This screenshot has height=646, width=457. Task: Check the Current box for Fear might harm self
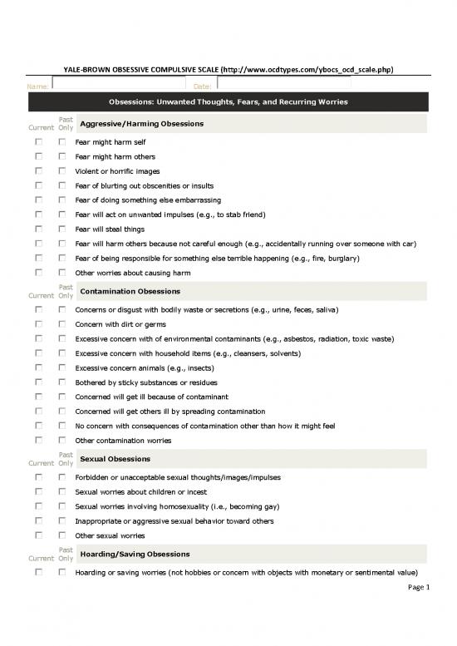[x=38, y=142]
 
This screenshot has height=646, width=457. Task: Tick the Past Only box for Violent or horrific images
[x=61, y=171]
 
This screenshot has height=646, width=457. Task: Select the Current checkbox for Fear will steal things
[x=38, y=229]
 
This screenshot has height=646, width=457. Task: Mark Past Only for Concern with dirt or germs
[x=61, y=325]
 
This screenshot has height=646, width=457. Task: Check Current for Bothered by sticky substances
[x=38, y=382]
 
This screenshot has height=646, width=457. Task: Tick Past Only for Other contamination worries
[x=61, y=440]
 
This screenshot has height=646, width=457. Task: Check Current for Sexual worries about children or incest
[x=38, y=492]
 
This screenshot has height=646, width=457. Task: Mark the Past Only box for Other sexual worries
[x=61, y=535]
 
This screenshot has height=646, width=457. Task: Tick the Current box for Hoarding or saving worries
[x=38, y=573]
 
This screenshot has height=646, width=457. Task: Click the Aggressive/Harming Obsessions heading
[x=141, y=124]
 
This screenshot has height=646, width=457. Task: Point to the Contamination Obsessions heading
[x=130, y=292]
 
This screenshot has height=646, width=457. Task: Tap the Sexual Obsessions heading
[x=115, y=459]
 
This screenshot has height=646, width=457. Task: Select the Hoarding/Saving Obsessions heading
[x=135, y=554]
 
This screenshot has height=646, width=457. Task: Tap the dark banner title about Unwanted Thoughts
[x=228, y=102]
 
